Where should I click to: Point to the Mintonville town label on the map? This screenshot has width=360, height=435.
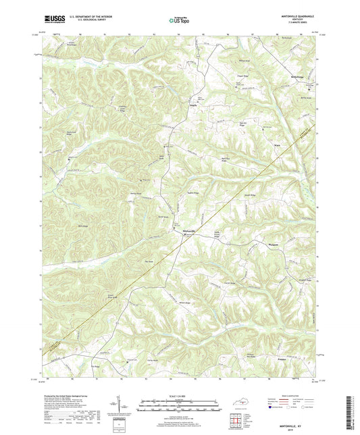[x=191, y=232]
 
